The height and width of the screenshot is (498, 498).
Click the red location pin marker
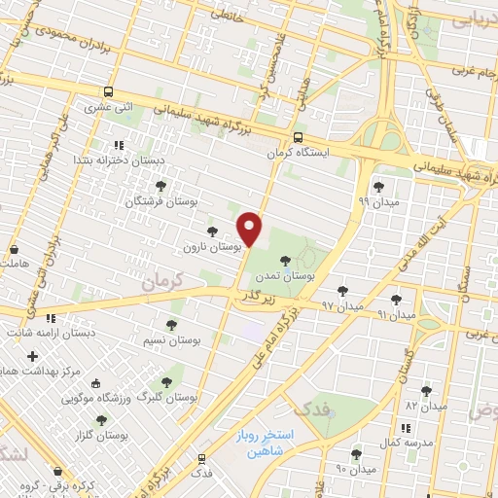click(251, 229)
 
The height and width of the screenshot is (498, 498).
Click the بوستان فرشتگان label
click(160, 201)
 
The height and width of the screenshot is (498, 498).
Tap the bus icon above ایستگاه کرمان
click(298, 137)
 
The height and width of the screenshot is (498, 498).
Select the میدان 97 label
click(341, 306)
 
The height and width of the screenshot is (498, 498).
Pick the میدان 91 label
click(395, 315)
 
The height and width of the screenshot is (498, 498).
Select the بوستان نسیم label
click(170, 341)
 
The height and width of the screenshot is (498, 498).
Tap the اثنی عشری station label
click(109, 108)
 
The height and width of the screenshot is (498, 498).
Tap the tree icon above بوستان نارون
click(212, 231)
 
